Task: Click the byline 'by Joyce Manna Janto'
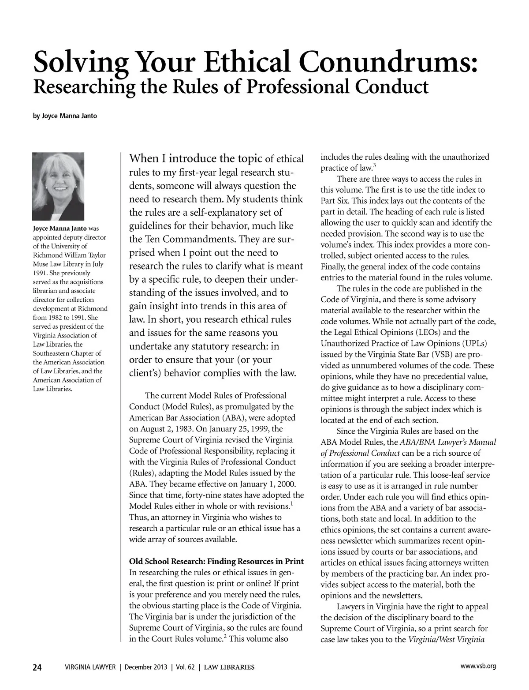point(65,116)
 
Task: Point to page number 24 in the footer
point(37,667)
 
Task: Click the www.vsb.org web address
point(478,666)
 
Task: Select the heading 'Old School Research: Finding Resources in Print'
point(216,562)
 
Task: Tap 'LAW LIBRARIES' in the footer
point(228,667)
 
